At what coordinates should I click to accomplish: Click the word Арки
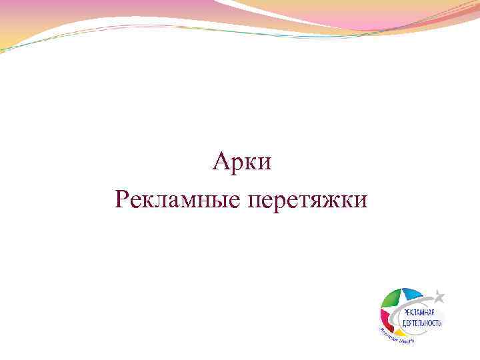pyautogui.click(x=243, y=162)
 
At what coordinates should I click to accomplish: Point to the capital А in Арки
pyautogui.click(x=222, y=161)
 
